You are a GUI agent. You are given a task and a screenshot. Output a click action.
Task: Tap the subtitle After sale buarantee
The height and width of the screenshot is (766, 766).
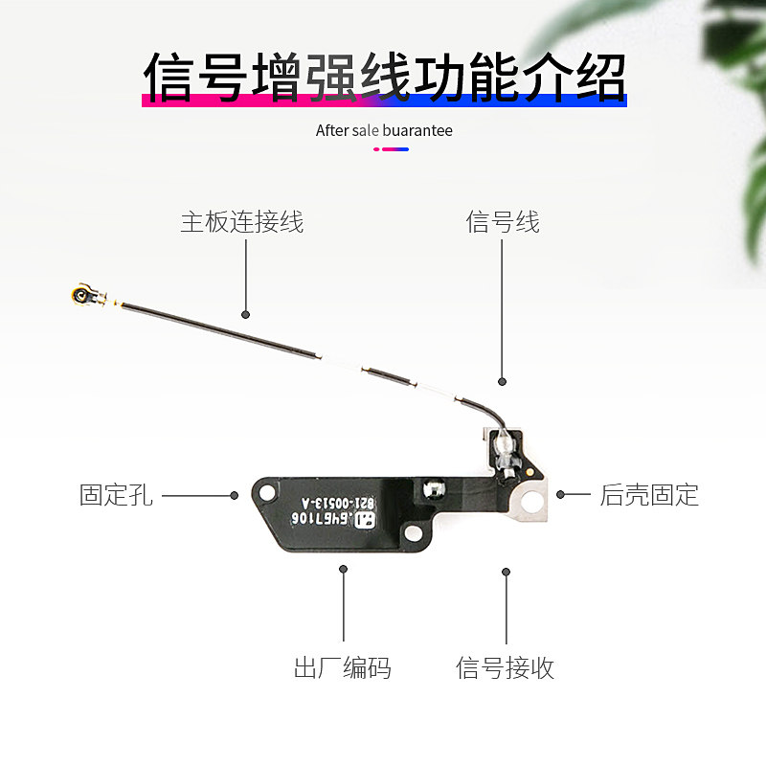(384, 130)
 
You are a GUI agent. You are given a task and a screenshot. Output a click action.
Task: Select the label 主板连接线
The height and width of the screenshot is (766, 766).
(242, 222)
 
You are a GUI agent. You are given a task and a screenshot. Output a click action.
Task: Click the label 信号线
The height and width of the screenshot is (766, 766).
(503, 222)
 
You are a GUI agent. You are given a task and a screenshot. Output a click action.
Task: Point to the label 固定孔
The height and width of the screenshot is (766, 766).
(115, 495)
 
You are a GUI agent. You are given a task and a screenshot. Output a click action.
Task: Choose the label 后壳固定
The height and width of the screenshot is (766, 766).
(649, 495)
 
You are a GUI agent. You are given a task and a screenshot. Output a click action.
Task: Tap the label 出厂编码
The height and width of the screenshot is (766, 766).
(342, 667)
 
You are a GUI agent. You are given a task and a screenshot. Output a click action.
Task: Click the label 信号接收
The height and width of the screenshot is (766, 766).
(506, 667)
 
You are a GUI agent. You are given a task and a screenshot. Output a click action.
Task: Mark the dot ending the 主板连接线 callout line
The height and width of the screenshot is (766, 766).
(245, 314)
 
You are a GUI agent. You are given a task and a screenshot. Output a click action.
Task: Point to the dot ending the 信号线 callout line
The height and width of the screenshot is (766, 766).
(501, 380)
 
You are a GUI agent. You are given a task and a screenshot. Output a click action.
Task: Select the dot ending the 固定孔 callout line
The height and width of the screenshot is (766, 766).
(235, 495)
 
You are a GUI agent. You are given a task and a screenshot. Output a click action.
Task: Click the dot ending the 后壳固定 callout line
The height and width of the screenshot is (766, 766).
(561, 495)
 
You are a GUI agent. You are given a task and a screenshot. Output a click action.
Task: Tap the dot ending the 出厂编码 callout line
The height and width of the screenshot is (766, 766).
(343, 569)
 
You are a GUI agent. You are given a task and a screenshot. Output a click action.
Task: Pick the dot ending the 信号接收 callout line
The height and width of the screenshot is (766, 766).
(507, 572)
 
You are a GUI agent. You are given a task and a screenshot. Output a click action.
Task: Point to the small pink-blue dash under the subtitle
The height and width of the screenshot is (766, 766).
(390, 149)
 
